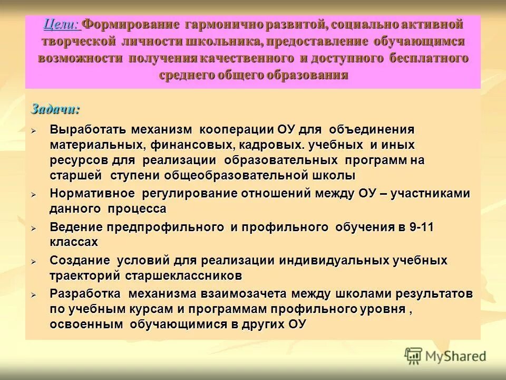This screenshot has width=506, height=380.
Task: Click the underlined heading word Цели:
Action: [x=61, y=24]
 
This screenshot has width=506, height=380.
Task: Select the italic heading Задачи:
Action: [x=55, y=109]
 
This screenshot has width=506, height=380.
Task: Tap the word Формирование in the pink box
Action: [x=131, y=24]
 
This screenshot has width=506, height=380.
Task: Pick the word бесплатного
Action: [x=429, y=58]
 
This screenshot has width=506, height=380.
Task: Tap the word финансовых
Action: [x=192, y=145]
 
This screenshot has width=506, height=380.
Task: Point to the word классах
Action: [x=74, y=242]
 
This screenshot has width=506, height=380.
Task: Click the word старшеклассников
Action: [x=184, y=275]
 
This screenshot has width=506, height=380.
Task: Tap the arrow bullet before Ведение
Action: [x=33, y=229]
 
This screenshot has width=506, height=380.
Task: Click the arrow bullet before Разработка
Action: [x=33, y=295]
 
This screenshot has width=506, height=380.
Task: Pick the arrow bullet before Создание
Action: [x=33, y=261]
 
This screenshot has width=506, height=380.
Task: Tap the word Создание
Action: [x=80, y=260]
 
